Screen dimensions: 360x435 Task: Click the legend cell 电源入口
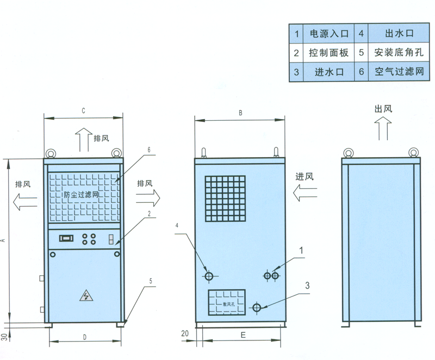pos(330,34)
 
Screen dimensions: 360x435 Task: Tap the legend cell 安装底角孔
pos(399,53)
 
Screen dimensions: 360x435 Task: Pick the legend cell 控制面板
pos(330,53)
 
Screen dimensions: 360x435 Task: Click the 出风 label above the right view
pos(383,109)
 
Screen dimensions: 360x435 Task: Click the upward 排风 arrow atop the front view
pos(83,139)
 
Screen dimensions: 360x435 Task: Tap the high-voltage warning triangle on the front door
pos(85,296)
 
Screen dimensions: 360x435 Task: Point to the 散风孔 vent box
pos(226,303)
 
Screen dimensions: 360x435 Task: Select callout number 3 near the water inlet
pos(307,285)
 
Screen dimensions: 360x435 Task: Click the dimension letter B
pos(240,113)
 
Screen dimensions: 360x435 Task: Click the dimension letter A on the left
pos(4,239)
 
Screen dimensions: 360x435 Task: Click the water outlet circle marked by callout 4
pos(208,276)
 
